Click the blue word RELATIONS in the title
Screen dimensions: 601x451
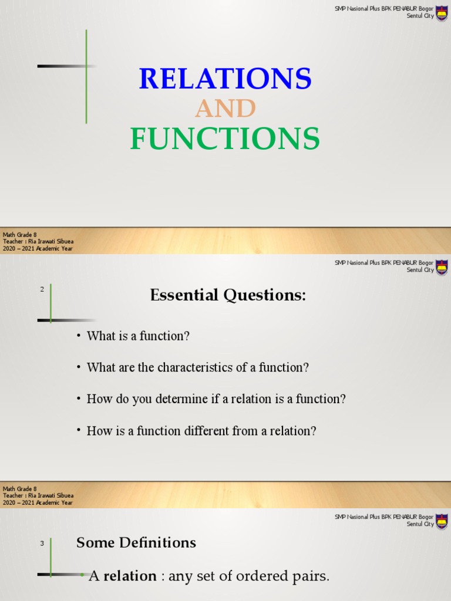pyautogui.click(x=225, y=79)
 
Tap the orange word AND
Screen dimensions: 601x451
pyautogui.click(x=225, y=109)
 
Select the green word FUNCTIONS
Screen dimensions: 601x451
pyautogui.click(x=225, y=139)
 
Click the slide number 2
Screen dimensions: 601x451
pyautogui.click(x=42, y=289)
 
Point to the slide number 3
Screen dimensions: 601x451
pyautogui.click(x=42, y=543)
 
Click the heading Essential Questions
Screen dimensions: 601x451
pyautogui.click(x=228, y=296)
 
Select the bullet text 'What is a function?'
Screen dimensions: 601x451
pyautogui.click(x=138, y=336)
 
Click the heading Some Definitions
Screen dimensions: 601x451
pyautogui.click(x=136, y=543)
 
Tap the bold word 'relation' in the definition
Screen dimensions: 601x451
pyautogui.click(x=130, y=576)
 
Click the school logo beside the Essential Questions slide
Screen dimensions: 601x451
pyautogui.click(x=442, y=267)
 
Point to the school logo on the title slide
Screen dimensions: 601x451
pyautogui.click(x=442, y=12)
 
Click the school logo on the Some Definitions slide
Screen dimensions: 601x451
pyautogui.click(x=442, y=521)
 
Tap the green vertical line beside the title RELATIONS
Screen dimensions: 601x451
pyautogui.click(x=86, y=76)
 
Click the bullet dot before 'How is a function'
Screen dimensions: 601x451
pyautogui.click(x=78, y=431)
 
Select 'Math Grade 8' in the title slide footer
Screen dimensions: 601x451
pyautogui.click(x=20, y=235)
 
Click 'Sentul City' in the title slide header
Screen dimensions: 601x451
pyautogui.click(x=420, y=16)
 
